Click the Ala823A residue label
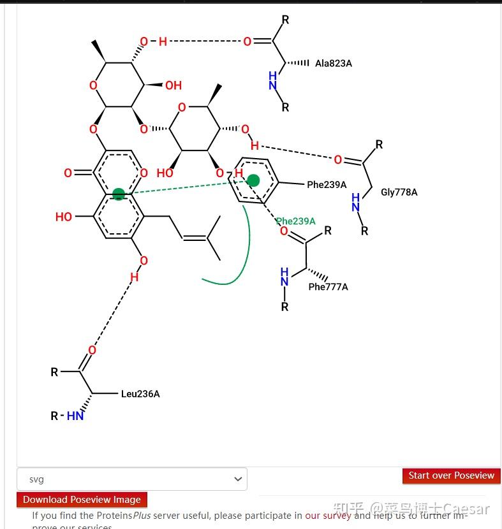(x=333, y=64)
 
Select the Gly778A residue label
(x=399, y=192)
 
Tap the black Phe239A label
(x=327, y=185)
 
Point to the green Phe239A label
(x=295, y=221)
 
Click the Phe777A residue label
(x=328, y=287)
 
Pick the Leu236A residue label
(x=140, y=394)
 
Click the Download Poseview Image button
(x=82, y=500)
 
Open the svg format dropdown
(x=132, y=479)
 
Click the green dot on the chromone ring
(x=119, y=194)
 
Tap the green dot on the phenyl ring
(x=253, y=180)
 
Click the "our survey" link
(x=328, y=515)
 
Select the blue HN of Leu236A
(x=75, y=416)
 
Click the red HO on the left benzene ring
(x=64, y=217)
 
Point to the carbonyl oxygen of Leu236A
(x=92, y=350)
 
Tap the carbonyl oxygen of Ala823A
(x=247, y=42)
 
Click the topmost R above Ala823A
(x=285, y=20)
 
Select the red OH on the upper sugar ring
(x=173, y=85)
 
